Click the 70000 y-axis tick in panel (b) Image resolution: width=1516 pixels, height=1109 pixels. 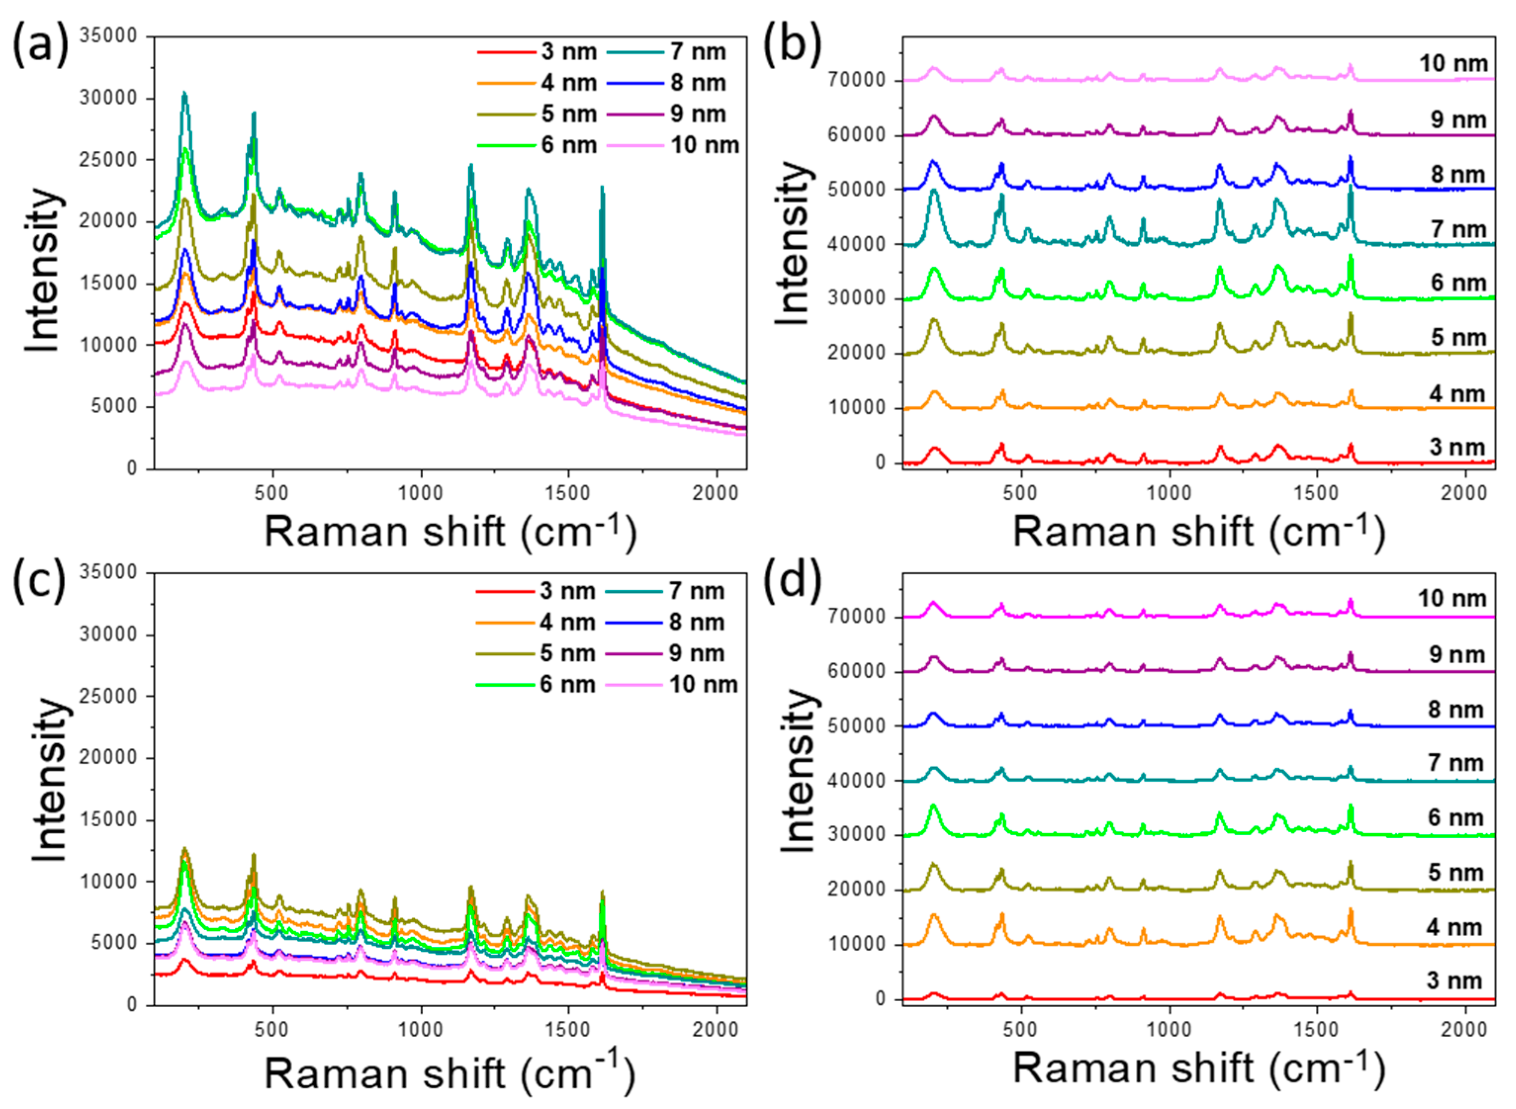pos(856,80)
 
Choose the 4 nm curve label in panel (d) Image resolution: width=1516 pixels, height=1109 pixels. pos(1454,928)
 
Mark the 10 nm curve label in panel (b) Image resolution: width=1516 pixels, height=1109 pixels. pos(1453,64)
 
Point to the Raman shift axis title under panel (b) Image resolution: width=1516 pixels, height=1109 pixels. pos(1199,532)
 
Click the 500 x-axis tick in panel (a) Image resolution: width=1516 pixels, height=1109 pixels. pos(272,493)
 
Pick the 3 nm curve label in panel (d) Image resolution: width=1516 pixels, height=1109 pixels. pos(1454,981)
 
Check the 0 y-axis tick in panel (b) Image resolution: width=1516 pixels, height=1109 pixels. pos(880,463)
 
